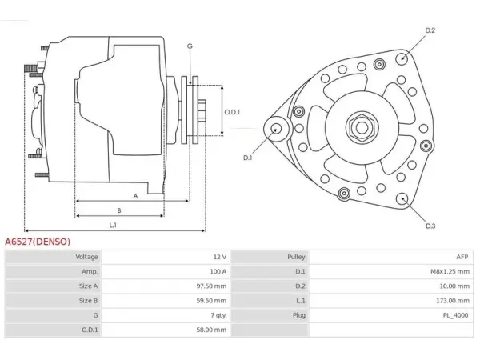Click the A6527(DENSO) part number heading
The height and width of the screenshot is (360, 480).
pos(38,242)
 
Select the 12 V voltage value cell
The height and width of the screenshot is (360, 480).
pos(220,257)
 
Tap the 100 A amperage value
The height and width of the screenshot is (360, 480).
pos(218,271)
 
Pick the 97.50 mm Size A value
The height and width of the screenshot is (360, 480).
pos(211,286)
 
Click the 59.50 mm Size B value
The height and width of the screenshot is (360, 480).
pos(211,301)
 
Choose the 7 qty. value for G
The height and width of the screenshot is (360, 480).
pos(218,315)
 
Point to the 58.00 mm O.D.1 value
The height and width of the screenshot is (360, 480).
pos(211,330)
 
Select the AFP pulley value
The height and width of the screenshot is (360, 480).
pos(462,257)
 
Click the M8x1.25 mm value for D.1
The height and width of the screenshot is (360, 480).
pos(450,271)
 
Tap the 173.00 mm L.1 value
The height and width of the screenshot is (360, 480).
pos(453,301)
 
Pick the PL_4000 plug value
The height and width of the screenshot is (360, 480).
pos(455,315)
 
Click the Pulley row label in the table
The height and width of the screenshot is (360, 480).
pos(296,257)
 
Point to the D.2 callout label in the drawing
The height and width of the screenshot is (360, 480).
pos(430,30)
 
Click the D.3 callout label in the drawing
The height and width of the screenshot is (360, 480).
pos(430,226)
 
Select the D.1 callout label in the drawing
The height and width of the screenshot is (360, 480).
pos(248,158)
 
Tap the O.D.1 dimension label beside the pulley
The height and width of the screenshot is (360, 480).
pos(232,112)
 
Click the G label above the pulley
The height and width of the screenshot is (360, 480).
pos(190,46)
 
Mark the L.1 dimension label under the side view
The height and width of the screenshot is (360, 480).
pos(113,225)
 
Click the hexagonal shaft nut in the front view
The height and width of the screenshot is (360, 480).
pos(362,128)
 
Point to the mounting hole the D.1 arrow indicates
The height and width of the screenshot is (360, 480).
pos(277,129)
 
